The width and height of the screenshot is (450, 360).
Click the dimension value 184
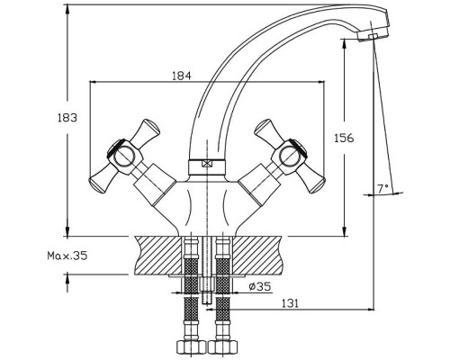tap(182, 76)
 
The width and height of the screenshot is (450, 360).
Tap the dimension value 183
tap(67, 118)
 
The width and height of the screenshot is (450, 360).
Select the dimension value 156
tap(344, 138)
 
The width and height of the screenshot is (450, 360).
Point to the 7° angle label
tap(382, 188)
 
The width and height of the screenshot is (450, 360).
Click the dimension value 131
tap(290, 303)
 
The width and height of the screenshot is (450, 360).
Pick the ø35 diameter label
tap(260, 286)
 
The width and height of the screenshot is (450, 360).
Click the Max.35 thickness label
tap(67, 256)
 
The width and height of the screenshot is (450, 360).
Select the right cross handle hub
tap(290, 157)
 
